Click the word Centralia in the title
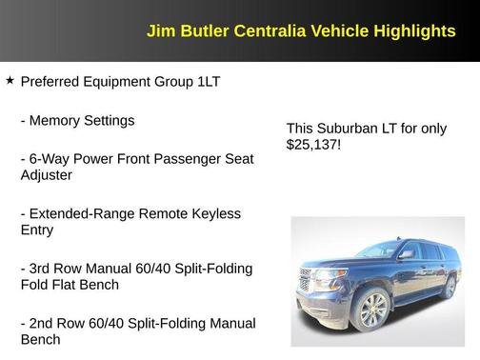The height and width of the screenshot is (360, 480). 256,31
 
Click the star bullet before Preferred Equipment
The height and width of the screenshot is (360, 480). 10,81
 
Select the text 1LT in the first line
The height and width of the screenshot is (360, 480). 209,82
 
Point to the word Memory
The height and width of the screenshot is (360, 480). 54,121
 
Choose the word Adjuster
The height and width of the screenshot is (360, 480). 46,175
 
